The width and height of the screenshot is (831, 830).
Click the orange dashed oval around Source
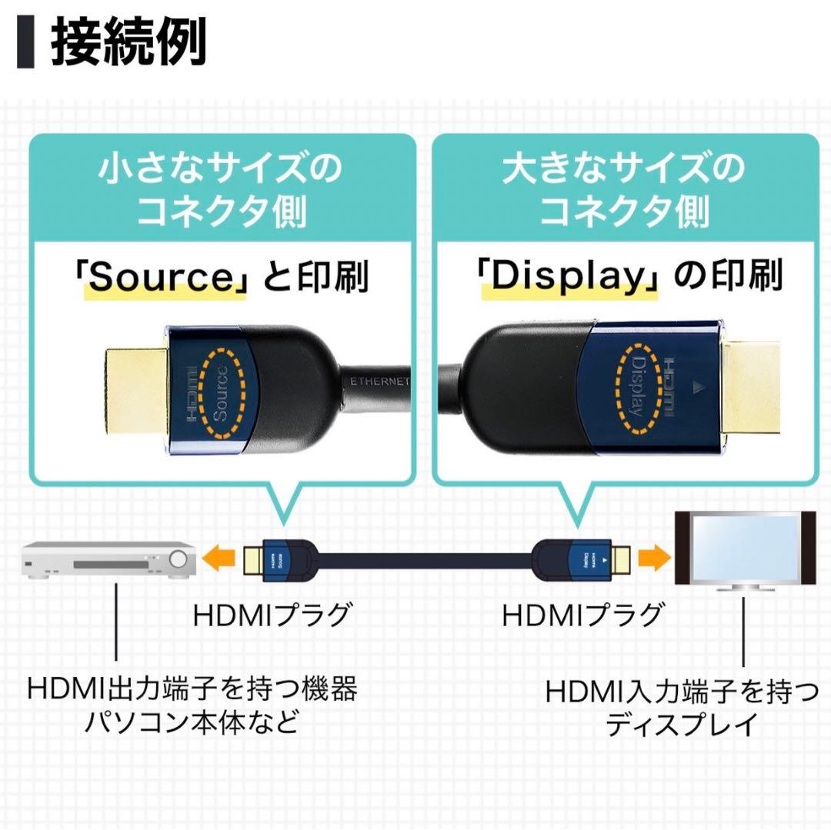[x=223, y=393]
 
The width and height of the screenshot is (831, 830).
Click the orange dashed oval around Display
[x=636, y=386]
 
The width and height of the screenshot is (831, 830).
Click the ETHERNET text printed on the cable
[x=380, y=382]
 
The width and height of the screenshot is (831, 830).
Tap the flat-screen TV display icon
[x=744, y=549]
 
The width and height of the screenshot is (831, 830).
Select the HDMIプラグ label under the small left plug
[x=272, y=615]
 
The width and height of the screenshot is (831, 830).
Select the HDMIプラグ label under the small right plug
[x=582, y=615]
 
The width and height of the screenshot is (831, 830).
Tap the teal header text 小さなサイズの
[x=219, y=168]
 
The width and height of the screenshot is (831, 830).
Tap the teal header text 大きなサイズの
[x=623, y=168]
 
